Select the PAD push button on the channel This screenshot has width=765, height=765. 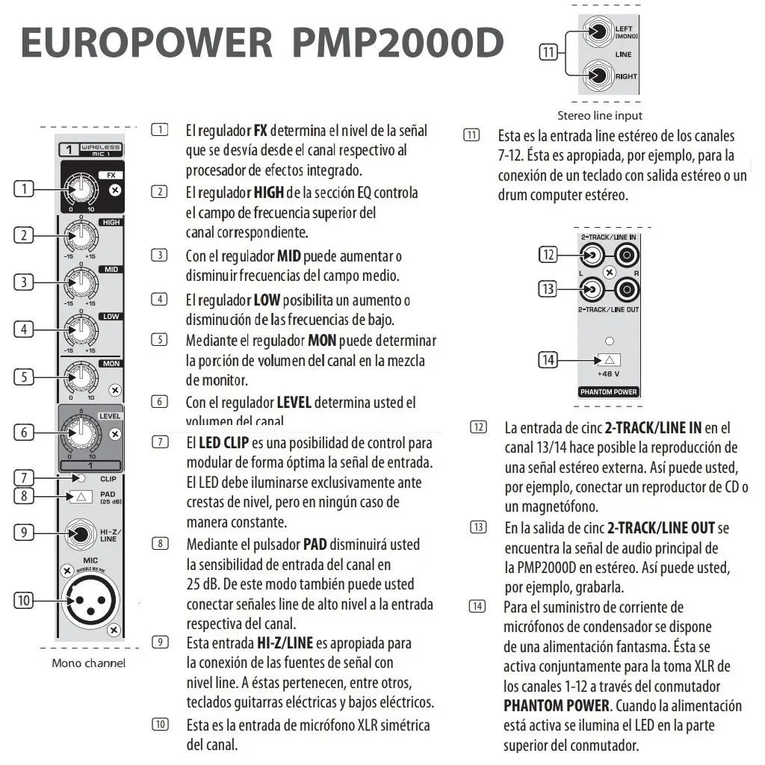pos(81,496)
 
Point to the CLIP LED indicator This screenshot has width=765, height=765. pos(82,478)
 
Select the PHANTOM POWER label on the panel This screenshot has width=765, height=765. pos(608,391)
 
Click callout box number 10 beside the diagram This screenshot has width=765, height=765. pos(24,601)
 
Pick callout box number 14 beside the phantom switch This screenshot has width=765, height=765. pos(548,360)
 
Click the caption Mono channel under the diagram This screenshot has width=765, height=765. pos(88,663)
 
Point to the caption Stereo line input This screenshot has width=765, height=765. pos(599,116)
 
